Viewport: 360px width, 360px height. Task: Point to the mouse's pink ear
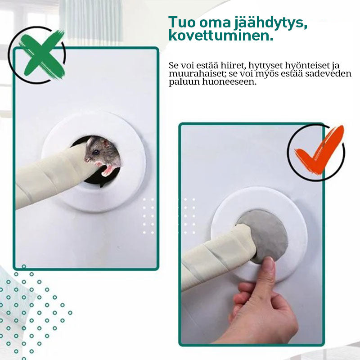point(106,144)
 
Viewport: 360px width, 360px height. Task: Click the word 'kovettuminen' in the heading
point(221,36)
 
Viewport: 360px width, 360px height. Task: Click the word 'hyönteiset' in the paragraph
point(307,66)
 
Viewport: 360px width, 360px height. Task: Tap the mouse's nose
point(86,159)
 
